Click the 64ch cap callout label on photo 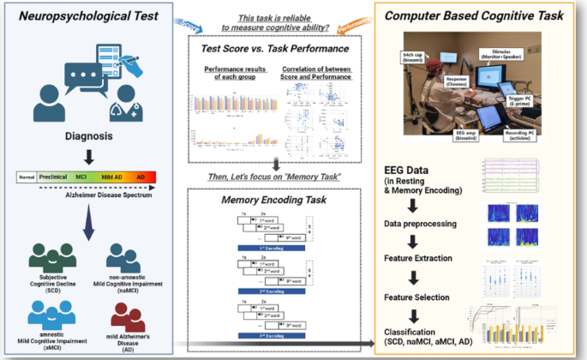point(415,57)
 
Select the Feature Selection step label point(420,296)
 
